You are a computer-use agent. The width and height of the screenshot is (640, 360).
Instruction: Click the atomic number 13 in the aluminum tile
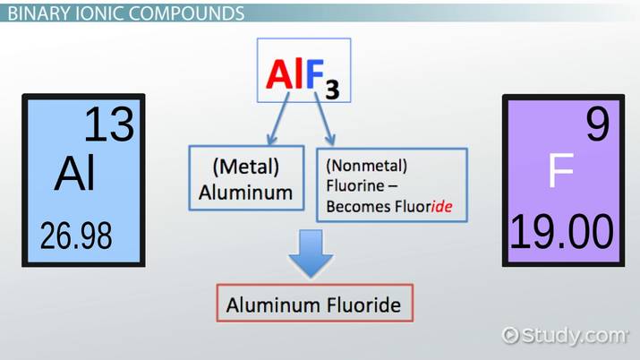click(x=109, y=124)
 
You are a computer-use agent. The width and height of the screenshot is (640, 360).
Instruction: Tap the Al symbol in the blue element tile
click(x=74, y=174)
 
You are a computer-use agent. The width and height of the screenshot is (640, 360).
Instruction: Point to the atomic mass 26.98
click(x=76, y=236)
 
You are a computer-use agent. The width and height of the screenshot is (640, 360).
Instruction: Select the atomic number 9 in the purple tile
click(x=597, y=124)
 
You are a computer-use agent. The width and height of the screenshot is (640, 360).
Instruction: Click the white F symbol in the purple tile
click(x=560, y=170)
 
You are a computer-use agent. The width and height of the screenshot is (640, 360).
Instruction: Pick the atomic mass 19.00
click(x=561, y=231)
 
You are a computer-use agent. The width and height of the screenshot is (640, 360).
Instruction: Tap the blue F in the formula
click(x=315, y=74)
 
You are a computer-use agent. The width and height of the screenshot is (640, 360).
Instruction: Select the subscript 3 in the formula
click(x=332, y=89)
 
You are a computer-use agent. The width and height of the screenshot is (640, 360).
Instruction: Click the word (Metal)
click(x=246, y=167)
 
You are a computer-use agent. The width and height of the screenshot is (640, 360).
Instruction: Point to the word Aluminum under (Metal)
click(x=246, y=193)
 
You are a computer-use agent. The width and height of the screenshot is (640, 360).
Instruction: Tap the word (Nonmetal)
click(x=366, y=166)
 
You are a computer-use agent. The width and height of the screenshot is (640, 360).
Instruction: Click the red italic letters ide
click(x=441, y=206)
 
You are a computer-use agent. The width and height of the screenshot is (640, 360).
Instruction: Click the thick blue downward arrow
click(x=311, y=253)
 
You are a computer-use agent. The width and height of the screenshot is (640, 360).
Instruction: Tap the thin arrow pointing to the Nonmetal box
click(x=325, y=119)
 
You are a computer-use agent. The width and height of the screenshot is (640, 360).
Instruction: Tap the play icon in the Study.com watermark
click(x=510, y=336)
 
